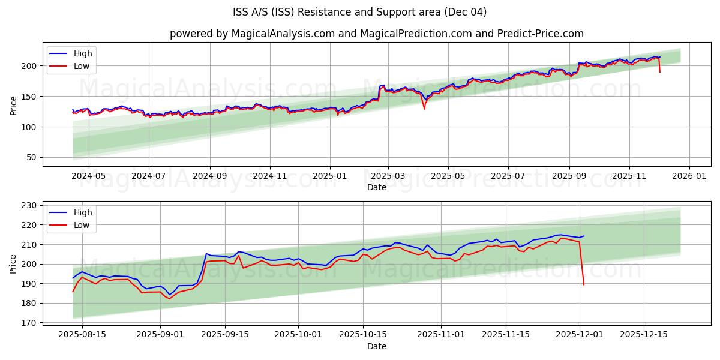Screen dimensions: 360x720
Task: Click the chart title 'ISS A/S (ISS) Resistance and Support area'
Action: [x=359, y=12]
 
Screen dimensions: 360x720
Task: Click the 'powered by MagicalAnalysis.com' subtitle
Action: [x=376, y=34]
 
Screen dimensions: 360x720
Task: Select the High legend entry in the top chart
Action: [x=82, y=53]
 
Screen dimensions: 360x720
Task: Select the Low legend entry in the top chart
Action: [x=82, y=66]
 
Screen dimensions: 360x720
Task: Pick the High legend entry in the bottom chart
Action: [x=82, y=212]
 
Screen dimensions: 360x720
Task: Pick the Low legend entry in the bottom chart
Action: [x=82, y=225]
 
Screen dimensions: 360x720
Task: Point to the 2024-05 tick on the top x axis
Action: [x=88, y=176]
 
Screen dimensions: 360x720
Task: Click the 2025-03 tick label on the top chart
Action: [x=388, y=176]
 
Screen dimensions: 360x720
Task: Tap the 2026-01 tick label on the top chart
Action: [x=689, y=176]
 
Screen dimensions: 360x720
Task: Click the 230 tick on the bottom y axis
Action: [x=29, y=205]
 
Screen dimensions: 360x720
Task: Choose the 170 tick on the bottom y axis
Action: [x=29, y=323]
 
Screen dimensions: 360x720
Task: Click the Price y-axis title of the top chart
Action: [x=13, y=104]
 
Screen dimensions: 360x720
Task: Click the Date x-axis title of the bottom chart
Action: [x=376, y=346]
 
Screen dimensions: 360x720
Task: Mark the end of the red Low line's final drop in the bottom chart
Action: [x=584, y=284]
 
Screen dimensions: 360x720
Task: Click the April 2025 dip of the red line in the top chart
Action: [x=424, y=109]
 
